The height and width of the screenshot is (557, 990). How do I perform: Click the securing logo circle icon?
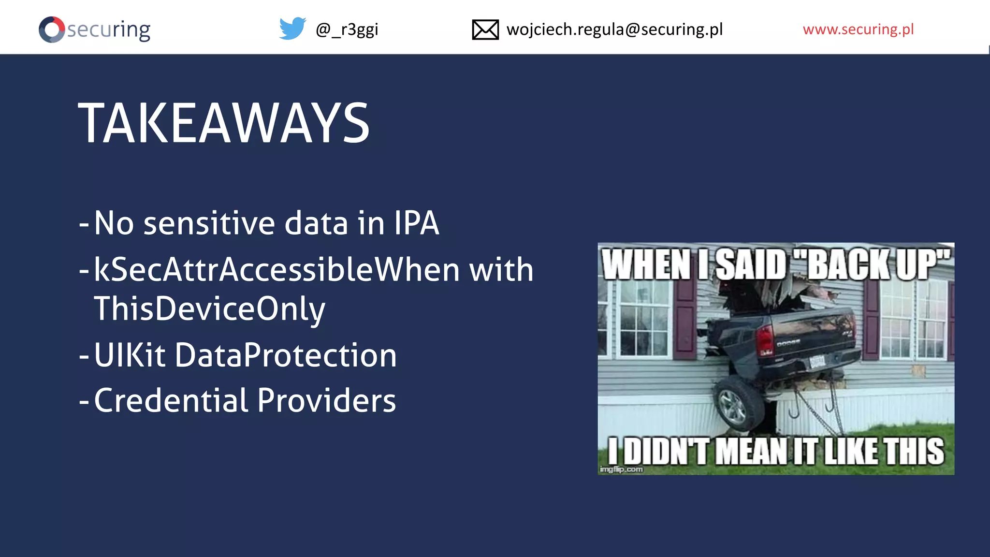point(52,29)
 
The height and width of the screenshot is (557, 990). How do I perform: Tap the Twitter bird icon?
point(292,29)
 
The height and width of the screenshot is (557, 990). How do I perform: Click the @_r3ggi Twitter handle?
point(347,29)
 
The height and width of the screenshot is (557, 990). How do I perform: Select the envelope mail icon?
point(485,29)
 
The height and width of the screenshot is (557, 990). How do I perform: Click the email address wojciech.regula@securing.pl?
point(614,29)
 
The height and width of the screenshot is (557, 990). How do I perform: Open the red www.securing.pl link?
point(858,29)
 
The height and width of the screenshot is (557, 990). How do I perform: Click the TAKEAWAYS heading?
point(224,124)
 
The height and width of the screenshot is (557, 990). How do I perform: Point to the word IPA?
point(416,223)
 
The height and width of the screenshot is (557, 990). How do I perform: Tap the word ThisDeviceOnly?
point(209,309)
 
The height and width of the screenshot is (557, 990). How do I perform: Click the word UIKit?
point(130,355)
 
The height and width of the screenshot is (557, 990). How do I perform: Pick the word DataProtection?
point(286,355)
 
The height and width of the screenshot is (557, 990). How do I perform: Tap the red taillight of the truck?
point(765,339)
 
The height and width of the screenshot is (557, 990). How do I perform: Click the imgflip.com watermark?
point(621,469)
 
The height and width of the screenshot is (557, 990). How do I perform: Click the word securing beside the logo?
point(109,29)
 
